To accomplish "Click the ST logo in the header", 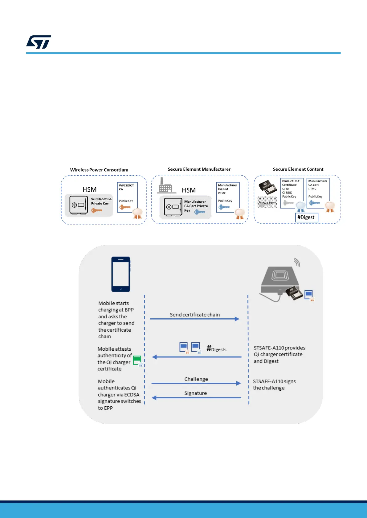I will [39, 42].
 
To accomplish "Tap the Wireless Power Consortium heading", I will [99, 170].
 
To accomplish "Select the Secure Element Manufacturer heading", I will [199, 169].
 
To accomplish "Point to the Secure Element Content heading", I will [298, 169].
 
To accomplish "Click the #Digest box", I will [306, 217].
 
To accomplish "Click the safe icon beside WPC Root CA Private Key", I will [78, 205].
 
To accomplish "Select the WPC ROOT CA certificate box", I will [127, 197].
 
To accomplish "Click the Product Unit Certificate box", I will [292, 193].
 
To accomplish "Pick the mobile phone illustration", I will [121, 274].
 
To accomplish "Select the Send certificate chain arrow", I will [195, 319].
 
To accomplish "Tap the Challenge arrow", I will [196, 383].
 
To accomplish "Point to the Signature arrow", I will [196, 397].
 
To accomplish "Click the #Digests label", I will [216, 349].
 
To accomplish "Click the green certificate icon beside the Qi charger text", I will [137, 360].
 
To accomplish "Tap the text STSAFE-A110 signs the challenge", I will [274, 385].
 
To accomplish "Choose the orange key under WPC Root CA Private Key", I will [97, 210].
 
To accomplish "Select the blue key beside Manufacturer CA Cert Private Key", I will [200, 212].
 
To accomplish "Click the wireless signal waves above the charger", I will [297, 262].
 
